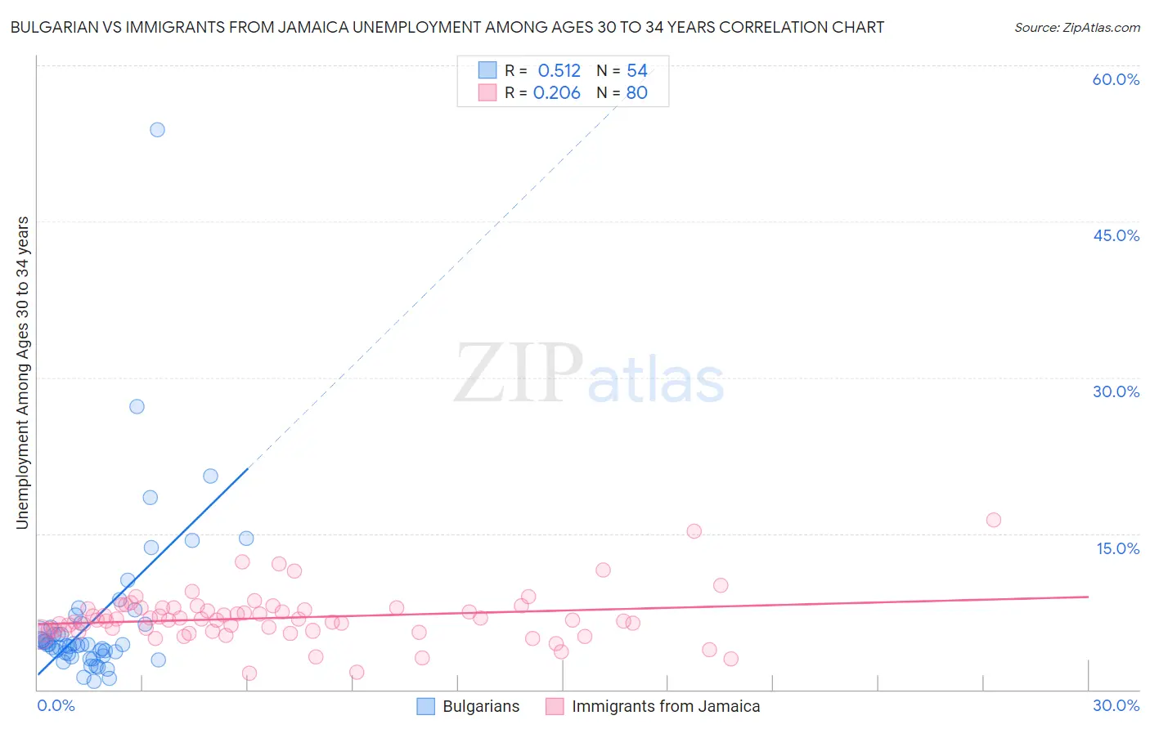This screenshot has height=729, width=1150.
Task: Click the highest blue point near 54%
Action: point(157,129)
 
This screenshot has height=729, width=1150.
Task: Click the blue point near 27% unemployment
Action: point(137,406)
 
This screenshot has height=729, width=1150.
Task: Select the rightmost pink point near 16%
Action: point(993,520)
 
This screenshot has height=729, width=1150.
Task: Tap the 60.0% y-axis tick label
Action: point(1116,79)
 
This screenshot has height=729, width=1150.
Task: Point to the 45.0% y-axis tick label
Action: point(1116,235)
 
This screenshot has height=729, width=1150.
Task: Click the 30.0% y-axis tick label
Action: point(1116,391)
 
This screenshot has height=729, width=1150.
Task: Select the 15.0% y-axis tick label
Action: point(1117,548)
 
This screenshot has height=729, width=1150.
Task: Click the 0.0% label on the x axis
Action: point(56,705)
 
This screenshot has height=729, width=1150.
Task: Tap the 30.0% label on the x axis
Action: point(1116,705)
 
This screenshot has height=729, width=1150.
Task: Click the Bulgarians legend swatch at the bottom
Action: point(426,706)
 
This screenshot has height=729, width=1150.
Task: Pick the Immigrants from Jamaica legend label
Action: point(666,706)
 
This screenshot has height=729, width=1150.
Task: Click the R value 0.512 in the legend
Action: point(559,71)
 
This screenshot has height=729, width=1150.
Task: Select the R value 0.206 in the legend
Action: point(556,93)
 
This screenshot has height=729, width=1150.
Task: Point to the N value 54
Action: point(637,71)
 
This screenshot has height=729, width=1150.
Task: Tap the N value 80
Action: point(637,93)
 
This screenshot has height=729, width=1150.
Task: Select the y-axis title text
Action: point(23,373)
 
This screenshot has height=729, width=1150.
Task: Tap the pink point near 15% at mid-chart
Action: point(694,531)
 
